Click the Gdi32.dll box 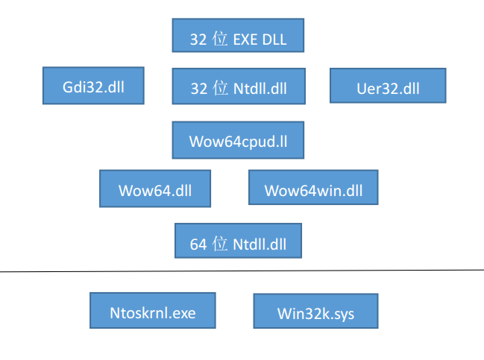pos(93,86)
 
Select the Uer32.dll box pos(388,86)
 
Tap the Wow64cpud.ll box pos(239,141)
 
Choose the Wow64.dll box pos(155,189)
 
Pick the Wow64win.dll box pos(313,189)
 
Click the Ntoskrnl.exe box pos(153,312)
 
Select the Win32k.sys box pos(315,312)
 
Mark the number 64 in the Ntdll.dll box pos(198,244)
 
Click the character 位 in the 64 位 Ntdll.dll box pos(220,244)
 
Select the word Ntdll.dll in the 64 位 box pos(260,244)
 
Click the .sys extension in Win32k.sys pos(342,314)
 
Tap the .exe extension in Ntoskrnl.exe pos(183,312)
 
